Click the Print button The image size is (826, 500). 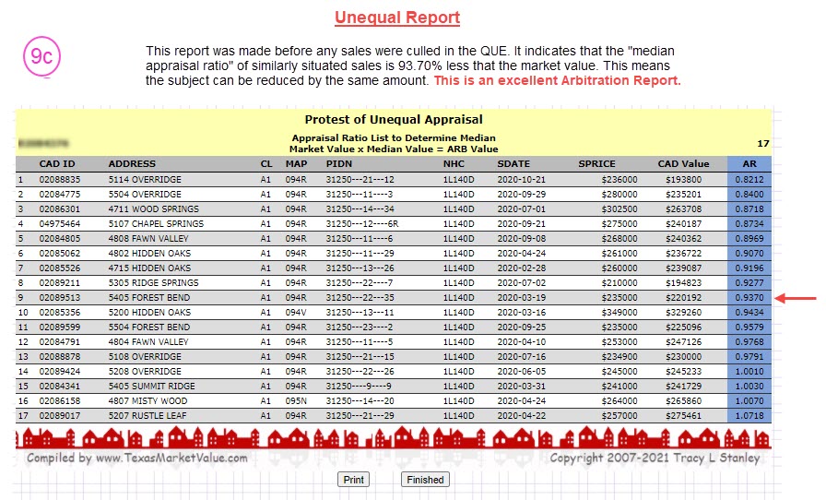(353, 480)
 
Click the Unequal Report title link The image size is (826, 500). (397, 18)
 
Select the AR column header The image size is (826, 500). (749, 164)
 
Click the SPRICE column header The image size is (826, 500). (596, 164)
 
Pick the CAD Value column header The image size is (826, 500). (683, 164)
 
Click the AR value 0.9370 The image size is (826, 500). (749, 298)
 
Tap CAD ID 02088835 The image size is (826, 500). (60, 180)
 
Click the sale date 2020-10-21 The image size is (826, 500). (522, 180)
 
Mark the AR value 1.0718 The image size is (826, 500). (749, 416)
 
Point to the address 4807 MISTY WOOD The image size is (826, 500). (147, 401)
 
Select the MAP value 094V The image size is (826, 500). (295, 313)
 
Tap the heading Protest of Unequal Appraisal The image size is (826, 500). (394, 119)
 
